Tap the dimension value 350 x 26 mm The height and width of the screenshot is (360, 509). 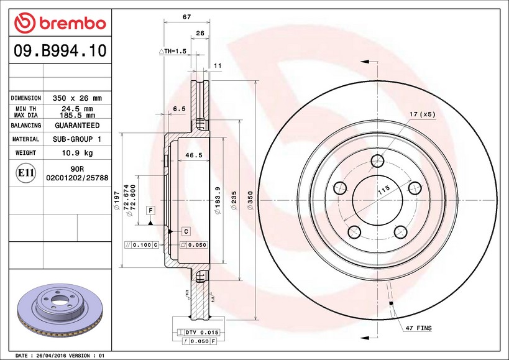[78, 98]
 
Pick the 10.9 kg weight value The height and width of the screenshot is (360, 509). [78, 153]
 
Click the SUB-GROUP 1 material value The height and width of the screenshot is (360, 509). [78, 139]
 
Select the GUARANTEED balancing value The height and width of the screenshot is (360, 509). [78, 126]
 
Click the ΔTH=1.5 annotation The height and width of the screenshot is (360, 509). [173, 51]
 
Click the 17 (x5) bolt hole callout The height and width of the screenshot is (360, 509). [422, 114]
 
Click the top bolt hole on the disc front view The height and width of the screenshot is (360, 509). [377, 162]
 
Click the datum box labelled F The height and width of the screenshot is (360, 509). [150, 211]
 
